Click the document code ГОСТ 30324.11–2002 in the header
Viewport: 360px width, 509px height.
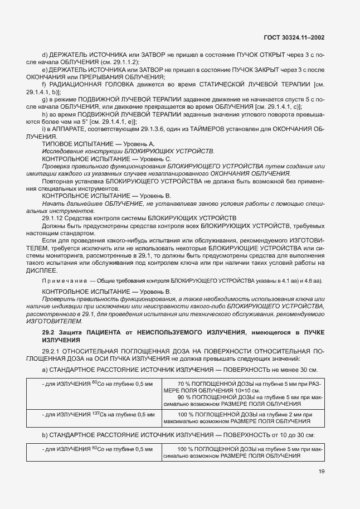point(294,38)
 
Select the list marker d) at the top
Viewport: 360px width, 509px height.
point(45,54)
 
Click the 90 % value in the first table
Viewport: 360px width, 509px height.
point(184,397)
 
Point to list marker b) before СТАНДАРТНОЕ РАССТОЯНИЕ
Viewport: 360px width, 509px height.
point(45,434)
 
